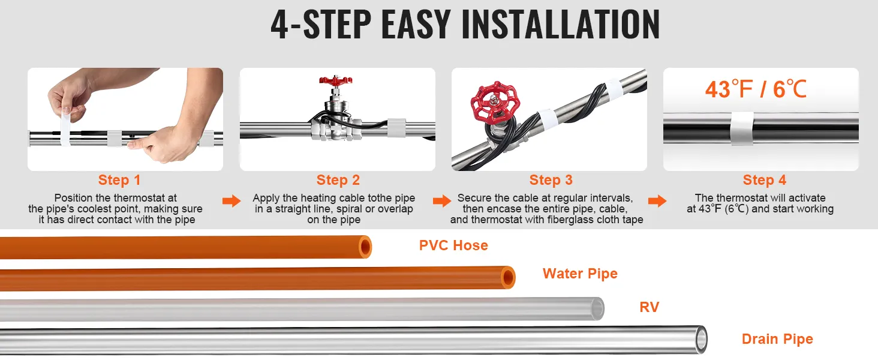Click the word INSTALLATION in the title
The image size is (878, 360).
561,25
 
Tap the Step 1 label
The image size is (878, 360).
119,180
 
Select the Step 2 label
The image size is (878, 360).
338,180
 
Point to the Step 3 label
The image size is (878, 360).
551,180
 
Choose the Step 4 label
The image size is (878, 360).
764,180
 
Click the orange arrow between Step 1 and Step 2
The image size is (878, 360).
231,201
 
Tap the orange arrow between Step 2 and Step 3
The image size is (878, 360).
442,201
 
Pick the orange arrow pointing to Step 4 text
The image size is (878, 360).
657,201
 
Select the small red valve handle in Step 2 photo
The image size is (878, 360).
335,81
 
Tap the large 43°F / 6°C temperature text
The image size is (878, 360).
756,89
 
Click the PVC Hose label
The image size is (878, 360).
453,245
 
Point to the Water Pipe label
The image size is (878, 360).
580,274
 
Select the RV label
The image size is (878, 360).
650,307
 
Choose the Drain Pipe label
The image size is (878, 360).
777,339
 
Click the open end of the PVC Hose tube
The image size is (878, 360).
365,247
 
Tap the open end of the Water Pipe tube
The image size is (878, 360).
508,278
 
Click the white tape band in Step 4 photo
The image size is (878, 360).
742,128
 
